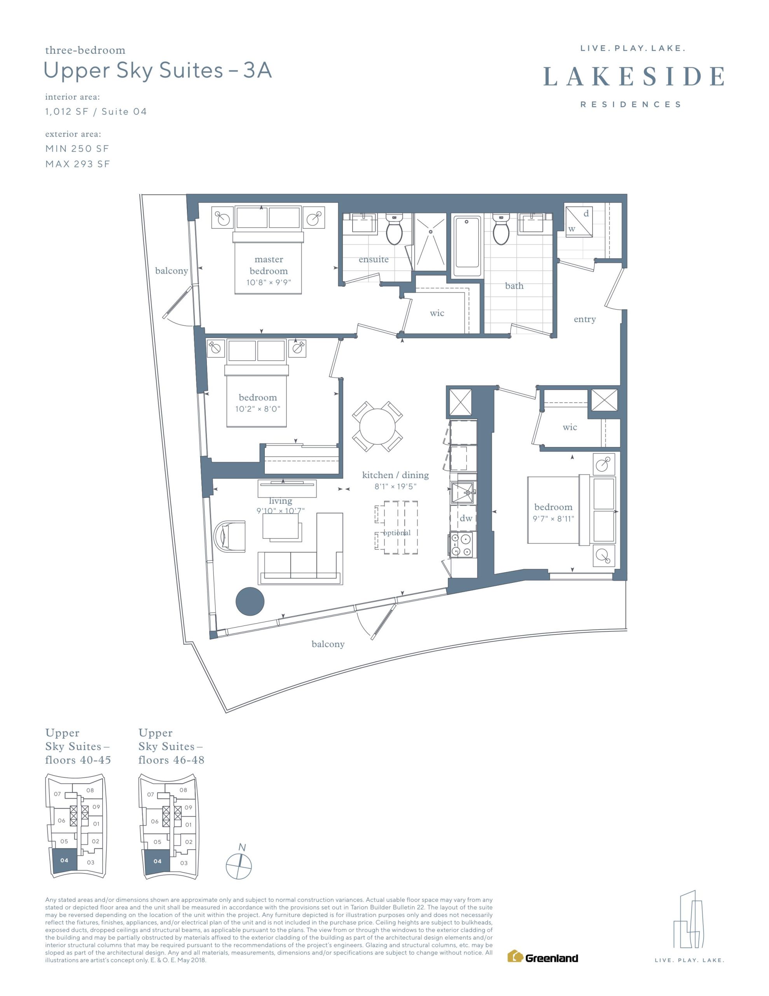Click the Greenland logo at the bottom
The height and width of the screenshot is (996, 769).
pyautogui.click(x=542, y=957)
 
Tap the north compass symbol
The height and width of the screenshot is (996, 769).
pyautogui.click(x=239, y=864)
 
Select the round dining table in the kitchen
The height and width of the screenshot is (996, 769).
pyautogui.click(x=377, y=426)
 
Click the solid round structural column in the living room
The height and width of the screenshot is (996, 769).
pyautogui.click(x=250, y=601)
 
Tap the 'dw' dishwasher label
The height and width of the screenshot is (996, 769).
pyautogui.click(x=466, y=518)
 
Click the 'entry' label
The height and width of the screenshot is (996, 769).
pyautogui.click(x=584, y=319)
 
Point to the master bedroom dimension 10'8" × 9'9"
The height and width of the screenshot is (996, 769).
pyautogui.click(x=269, y=282)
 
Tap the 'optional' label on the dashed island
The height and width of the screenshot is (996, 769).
pyautogui.click(x=397, y=533)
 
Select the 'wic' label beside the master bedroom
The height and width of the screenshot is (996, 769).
pyautogui.click(x=437, y=313)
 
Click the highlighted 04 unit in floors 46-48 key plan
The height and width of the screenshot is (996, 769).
pyautogui.click(x=157, y=861)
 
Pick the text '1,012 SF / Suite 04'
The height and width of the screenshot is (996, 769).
pyautogui.click(x=96, y=111)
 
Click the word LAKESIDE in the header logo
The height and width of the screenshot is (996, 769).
pyautogui.click(x=634, y=76)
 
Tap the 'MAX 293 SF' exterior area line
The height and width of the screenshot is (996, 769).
pyautogui.click(x=77, y=164)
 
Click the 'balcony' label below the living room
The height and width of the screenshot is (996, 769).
pyautogui.click(x=328, y=644)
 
